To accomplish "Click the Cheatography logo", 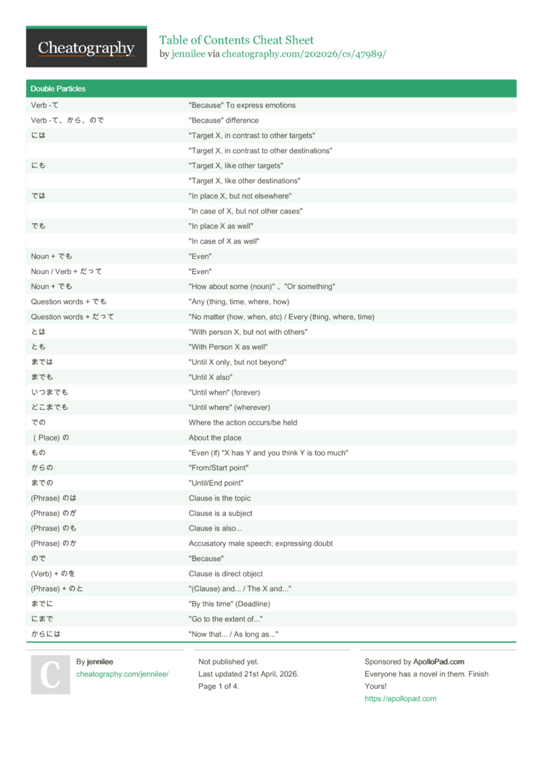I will [x=86, y=47].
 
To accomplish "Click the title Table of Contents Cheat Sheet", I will [x=236, y=40].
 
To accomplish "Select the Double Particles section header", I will [x=58, y=89].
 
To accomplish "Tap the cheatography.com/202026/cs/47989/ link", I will [x=304, y=54].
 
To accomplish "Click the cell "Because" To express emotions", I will [x=242, y=105].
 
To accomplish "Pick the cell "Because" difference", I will [x=223, y=121].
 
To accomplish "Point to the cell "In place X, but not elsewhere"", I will [x=240, y=196].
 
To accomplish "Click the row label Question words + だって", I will [x=72, y=317].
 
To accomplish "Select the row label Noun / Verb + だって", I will [x=66, y=272].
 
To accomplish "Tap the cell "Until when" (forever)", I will [x=224, y=392].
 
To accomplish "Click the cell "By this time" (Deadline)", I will [x=229, y=604].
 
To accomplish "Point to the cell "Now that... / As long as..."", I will [x=233, y=634].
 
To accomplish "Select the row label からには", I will [x=46, y=634].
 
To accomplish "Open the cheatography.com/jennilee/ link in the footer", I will [x=122, y=674].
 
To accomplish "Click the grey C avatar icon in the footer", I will [x=50, y=674].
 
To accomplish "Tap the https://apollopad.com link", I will [x=400, y=699].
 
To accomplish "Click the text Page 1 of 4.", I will [x=218, y=687].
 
